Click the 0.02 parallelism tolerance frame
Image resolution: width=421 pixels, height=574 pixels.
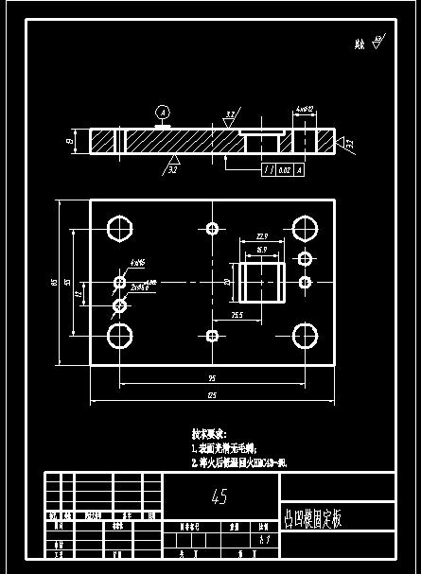[x=283, y=170]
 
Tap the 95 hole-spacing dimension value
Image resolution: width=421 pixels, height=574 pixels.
[x=212, y=378]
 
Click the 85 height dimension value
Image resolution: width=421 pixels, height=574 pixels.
[x=55, y=281]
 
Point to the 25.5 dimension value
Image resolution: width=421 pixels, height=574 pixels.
[x=237, y=315]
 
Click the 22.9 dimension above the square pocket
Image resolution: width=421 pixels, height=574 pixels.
[x=262, y=236]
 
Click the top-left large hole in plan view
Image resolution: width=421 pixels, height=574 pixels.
[x=119, y=229]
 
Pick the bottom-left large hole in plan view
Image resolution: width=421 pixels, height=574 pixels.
[x=119, y=335]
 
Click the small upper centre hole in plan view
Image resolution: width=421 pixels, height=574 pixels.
[x=212, y=229]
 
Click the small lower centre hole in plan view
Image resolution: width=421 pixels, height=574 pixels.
[x=212, y=335]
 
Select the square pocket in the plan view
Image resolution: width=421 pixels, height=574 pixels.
[x=262, y=282]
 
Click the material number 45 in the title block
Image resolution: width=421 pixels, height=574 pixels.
[x=220, y=496]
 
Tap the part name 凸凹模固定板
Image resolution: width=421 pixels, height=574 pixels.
[x=313, y=518]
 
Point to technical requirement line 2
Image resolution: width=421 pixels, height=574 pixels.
[x=238, y=463]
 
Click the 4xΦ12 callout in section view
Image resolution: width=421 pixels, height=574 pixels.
[x=304, y=111]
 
